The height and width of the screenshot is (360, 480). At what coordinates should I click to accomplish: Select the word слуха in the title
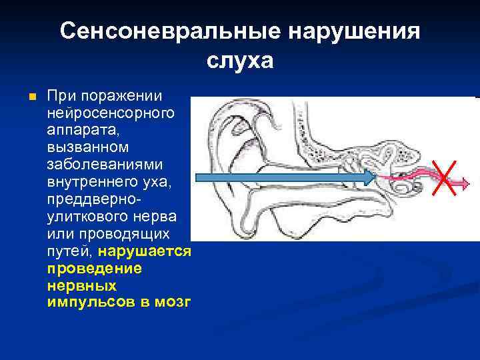click(x=240, y=61)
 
